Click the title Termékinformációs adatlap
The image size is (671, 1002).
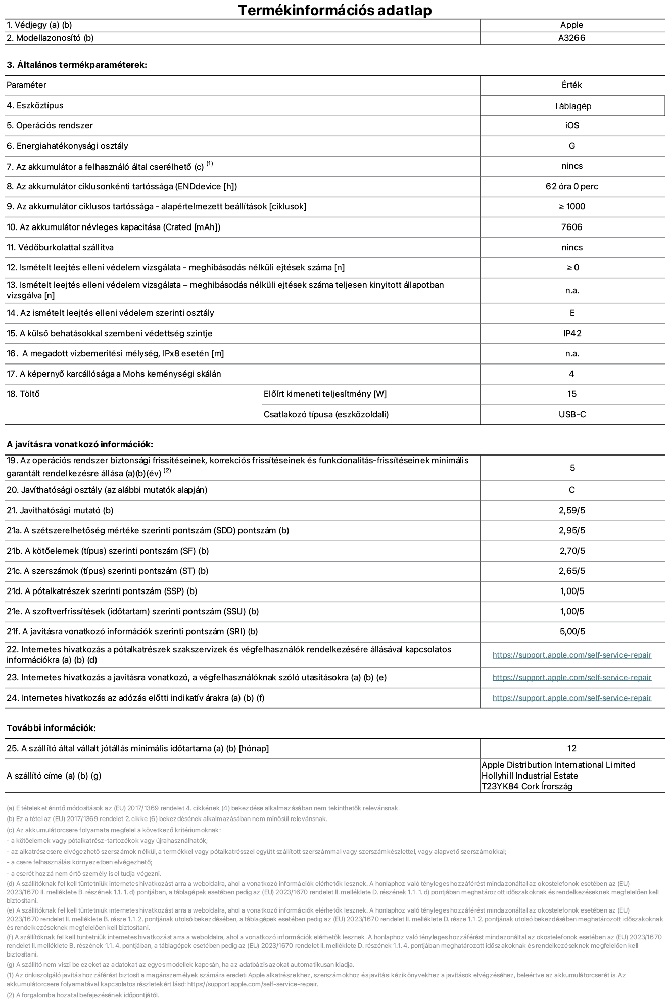(335, 10)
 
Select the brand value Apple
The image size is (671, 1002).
(571, 25)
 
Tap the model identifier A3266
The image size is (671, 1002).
(571, 38)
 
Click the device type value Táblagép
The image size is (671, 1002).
(572, 106)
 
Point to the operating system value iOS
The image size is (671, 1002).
(572, 126)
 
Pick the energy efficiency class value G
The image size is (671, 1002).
(572, 146)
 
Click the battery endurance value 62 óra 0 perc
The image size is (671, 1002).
(571, 187)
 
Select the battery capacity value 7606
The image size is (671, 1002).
(571, 227)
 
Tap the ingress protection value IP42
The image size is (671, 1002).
(572, 334)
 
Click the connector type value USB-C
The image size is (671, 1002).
(572, 415)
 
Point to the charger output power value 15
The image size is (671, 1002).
(572, 394)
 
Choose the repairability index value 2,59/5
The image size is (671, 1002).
(572, 511)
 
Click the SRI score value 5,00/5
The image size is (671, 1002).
(572, 632)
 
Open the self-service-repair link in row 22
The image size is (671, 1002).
(571, 655)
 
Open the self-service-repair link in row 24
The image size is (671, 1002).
(571, 698)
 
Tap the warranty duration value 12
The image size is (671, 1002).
(572, 749)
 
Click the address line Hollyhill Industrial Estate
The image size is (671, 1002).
(530, 776)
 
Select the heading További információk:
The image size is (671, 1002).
(51, 728)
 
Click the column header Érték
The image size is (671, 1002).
(571, 85)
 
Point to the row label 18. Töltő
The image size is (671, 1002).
(23, 394)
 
